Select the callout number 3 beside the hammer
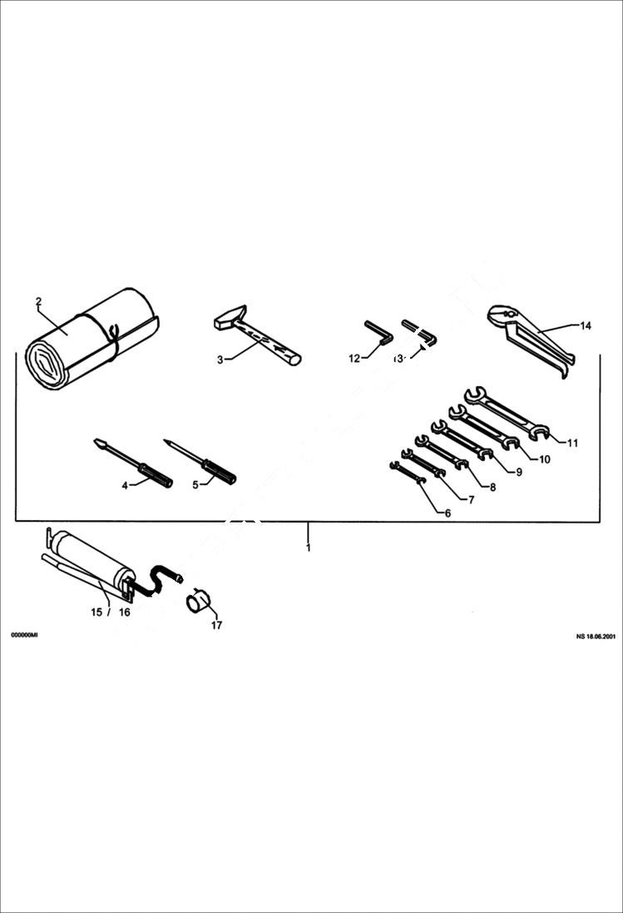220,360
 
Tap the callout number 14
586,325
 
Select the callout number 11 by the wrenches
572,443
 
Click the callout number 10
545,459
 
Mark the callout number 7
471,500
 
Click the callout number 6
447,514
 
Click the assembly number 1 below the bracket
308,548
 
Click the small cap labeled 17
198,601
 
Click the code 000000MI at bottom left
23,635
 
